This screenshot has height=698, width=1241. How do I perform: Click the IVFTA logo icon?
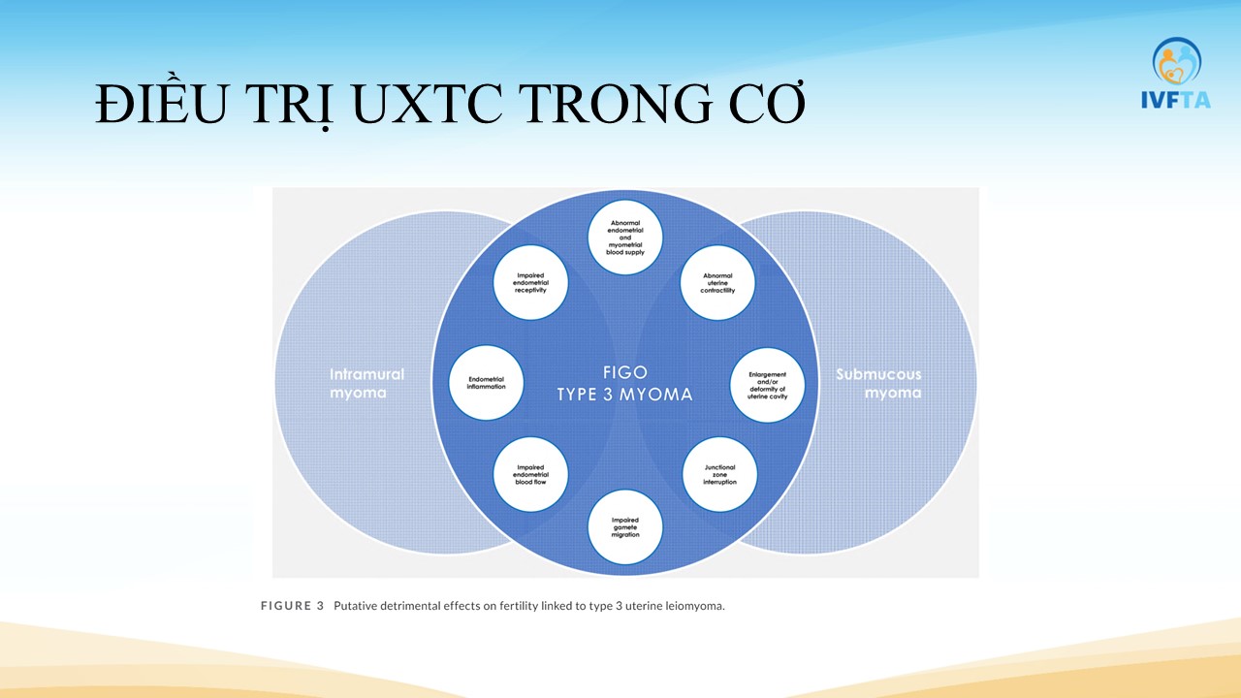(1176, 61)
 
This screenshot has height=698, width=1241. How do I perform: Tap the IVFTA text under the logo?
(1176, 99)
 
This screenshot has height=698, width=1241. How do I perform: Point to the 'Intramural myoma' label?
(366, 383)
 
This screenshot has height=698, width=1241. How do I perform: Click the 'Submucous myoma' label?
(878, 383)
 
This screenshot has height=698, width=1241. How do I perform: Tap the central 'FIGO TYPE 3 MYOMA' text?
(624, 384)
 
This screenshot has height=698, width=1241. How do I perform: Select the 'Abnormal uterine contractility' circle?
(717, 283)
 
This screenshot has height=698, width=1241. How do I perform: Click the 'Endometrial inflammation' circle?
(487, 382)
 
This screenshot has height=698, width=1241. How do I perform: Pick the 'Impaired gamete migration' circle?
(625, 528)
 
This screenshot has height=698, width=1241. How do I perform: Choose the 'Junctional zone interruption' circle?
(719, 474)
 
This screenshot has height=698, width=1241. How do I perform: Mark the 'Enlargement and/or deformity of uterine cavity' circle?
(767, 384)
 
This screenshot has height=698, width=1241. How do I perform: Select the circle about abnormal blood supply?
(625, 237)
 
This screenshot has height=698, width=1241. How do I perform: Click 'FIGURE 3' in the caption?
(292, 606)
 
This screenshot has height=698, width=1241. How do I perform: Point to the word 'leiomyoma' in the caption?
(692, 606)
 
